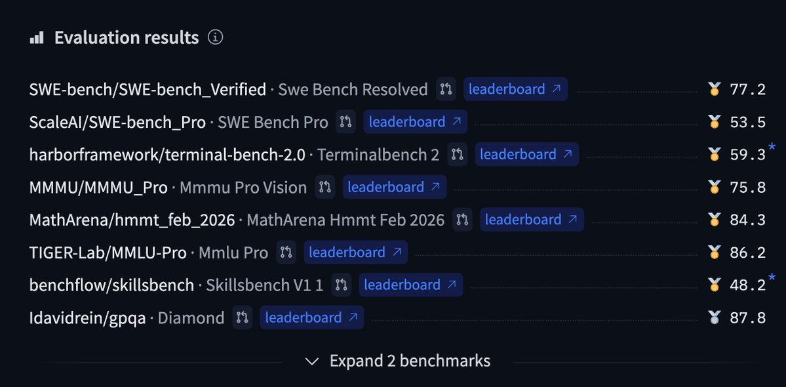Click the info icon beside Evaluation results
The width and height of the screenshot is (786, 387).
coord(216,37)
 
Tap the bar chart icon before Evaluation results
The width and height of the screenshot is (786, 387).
coord(37,37)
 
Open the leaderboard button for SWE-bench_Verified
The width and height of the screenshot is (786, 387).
coord(515,89)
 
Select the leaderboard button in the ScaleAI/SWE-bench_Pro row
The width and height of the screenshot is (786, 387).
coord(416,122)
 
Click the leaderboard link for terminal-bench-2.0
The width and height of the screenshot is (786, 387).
coord(527,154)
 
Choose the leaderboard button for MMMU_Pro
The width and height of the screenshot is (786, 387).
coord(395,187)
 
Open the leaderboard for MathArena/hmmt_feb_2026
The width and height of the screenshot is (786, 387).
coord(532,220)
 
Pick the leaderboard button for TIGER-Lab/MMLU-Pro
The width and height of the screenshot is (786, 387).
coord(356,252)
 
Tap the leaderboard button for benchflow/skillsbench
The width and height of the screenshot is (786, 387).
coord(411,285)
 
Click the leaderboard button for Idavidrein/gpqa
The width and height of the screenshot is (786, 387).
coord(312,317)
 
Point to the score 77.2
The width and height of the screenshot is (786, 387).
coord(748,90)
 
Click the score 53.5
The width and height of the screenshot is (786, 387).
coord(748,122)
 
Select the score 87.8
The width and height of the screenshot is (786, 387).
coord(748,318)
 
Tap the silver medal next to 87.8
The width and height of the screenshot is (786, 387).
coord(715,317)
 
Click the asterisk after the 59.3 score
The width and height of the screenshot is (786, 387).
coord(772,148)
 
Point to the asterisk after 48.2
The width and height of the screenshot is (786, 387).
coord(772,277)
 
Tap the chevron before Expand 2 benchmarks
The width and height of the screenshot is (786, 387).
coord(312,361)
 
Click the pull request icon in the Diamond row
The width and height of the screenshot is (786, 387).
coord(242,317)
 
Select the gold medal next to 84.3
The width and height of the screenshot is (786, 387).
coord(715,220)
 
